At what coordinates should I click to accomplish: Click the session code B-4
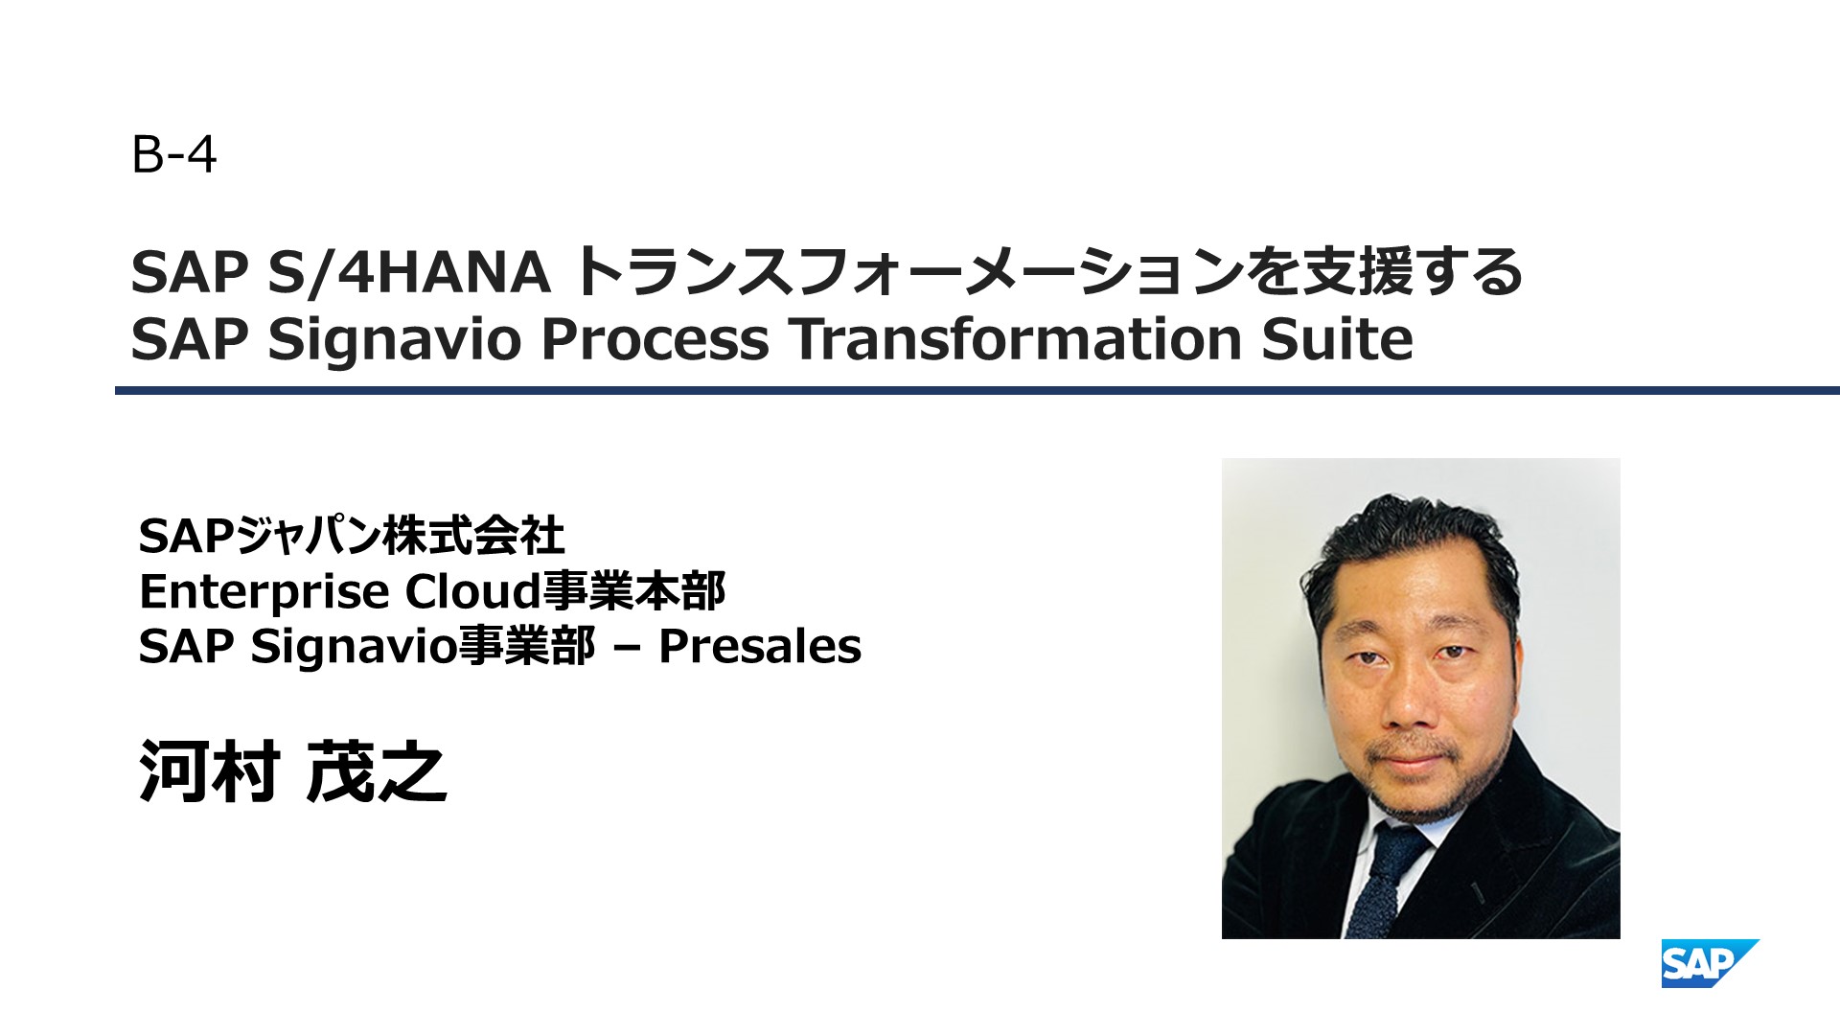coord(174,154)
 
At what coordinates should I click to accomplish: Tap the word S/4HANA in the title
coord(409,271)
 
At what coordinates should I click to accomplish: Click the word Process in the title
coord(655,339)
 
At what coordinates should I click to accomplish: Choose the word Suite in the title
coord(1338,339)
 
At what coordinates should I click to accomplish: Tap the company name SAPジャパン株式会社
coord(352,536)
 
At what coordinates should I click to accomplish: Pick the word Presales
coord(760,646)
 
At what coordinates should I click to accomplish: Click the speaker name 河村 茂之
coord(293,771)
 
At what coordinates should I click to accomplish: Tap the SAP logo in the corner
coord(1710,963)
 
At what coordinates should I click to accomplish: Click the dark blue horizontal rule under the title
coord(977,391)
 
